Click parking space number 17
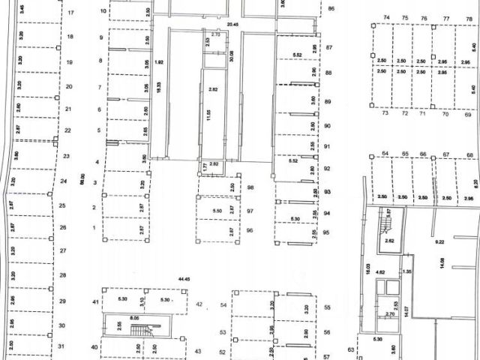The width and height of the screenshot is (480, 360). pyautogui.click(x=70, y=13)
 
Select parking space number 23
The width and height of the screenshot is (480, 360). pyautogui.click(x=66, y=156)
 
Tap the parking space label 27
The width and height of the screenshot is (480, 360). pyautogui.click(x=63, y=250)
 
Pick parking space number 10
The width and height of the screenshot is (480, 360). pyautogui.click(x=103, y=12)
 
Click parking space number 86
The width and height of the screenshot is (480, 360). pyautogui.click(x=331, y=9)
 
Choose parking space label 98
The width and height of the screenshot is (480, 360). pyautogui.click(x=250, y=187)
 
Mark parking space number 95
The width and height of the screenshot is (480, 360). pyautogui.click(x=327, y=232)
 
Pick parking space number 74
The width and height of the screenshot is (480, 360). pyautogui.click(x=386, y=17)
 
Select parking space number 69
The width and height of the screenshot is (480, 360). pyautogui.click(x=467, y=115)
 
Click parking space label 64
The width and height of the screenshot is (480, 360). pyautogui.click(x=385, y=154)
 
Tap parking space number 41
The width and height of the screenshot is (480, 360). pyautogui.click(x=95, y=301)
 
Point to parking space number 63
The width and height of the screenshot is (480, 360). pyautogui.click(x=350, y=349)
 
